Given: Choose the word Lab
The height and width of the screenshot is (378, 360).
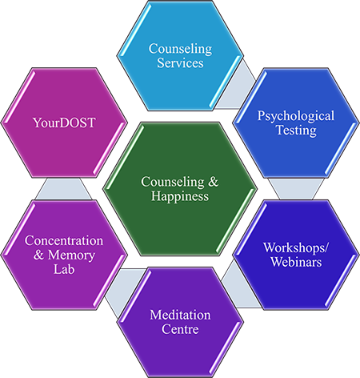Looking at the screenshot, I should (x=64, y=269).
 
